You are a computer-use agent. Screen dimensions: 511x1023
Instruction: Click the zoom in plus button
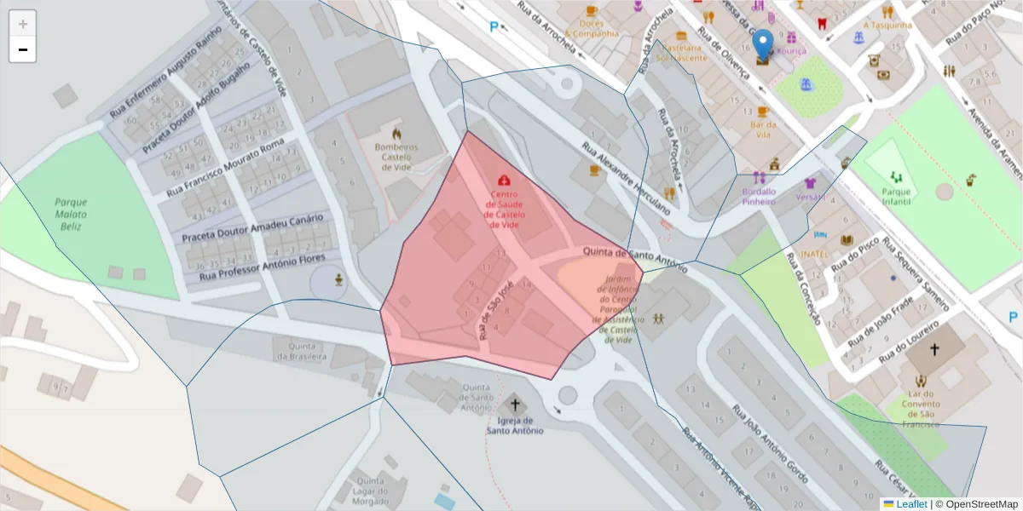click(23, 24)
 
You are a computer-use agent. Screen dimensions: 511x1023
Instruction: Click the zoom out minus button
click(23, 49)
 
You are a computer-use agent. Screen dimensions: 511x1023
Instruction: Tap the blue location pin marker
click(763, 44)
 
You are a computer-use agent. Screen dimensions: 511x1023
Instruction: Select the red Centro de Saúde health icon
click(504, 181)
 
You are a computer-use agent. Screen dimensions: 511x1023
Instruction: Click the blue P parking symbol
click(494, 26)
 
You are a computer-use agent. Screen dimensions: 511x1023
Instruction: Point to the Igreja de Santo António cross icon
click(514, 405)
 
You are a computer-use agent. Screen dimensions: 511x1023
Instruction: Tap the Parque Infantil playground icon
click(895, 176)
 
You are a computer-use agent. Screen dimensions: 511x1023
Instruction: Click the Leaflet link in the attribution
click(911, 504)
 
